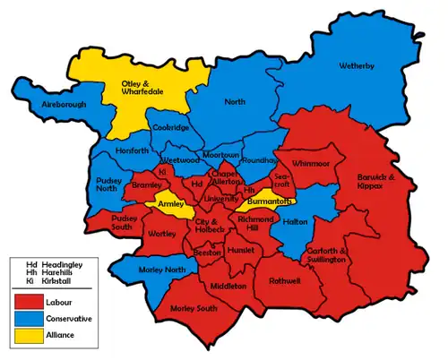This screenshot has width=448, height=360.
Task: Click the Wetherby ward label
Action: [x=363, y=66]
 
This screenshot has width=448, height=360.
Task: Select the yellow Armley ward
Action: [x=170, y=204]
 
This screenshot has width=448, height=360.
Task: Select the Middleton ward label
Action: [x=228, y=286]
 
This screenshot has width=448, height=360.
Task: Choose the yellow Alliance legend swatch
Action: [x=26, y=336]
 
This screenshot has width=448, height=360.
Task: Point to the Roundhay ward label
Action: [x=258, y=160]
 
